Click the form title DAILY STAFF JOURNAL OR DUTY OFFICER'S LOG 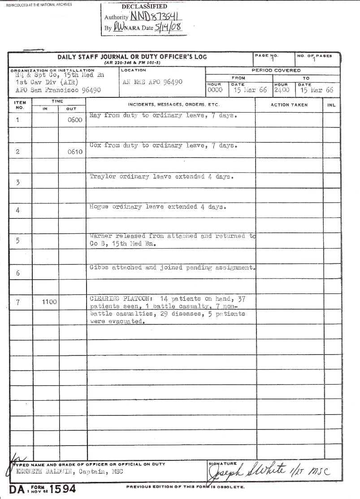click(x=132, y=57)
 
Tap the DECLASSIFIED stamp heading click(x=144, y=7)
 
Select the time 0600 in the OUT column click(x=75, y=120)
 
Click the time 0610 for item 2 click(x=75, y=152)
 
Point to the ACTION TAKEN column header click(x=289, y=105)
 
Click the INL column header click(x=331, y=105)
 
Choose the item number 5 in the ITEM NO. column click(x=17, y=241)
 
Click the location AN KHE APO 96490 click(x=152, y=83)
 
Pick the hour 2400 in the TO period click(x=282, y=90)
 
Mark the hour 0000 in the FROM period click(x=216, y=90)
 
